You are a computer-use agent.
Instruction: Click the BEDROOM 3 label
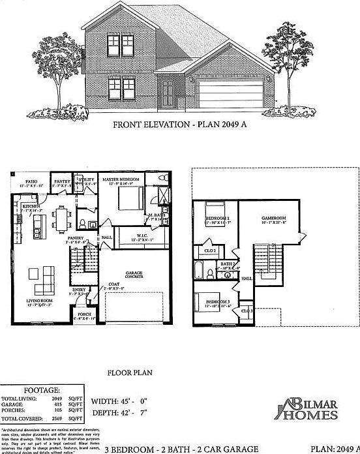pyautogui.click(x=217, y=302)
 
